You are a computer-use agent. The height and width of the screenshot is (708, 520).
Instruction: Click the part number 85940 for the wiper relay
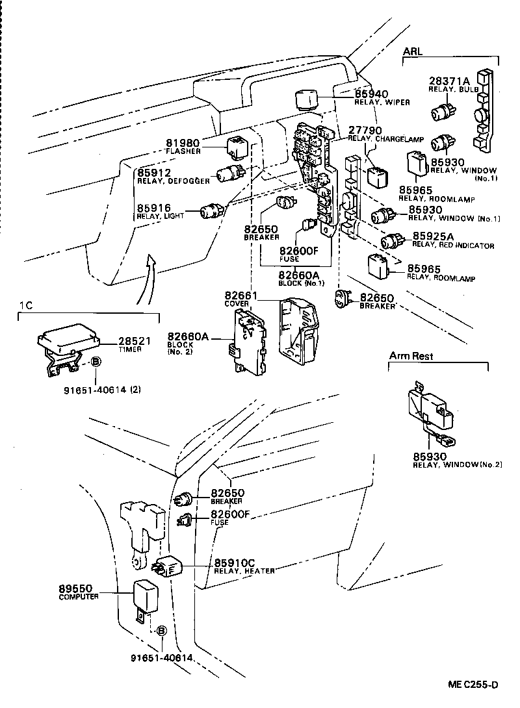coord(371,94)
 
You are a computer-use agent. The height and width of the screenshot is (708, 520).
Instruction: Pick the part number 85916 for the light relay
coord(153,208)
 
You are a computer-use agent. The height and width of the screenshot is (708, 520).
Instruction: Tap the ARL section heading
coord(413,51)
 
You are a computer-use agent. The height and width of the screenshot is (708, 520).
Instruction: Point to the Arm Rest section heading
coord(411,356)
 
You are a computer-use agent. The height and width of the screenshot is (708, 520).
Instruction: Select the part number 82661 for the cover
coord(241,296)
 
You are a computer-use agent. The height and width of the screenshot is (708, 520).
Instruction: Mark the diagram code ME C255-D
coord(473,685)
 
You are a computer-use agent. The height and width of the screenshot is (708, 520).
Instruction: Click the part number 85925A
coord(430,237)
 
